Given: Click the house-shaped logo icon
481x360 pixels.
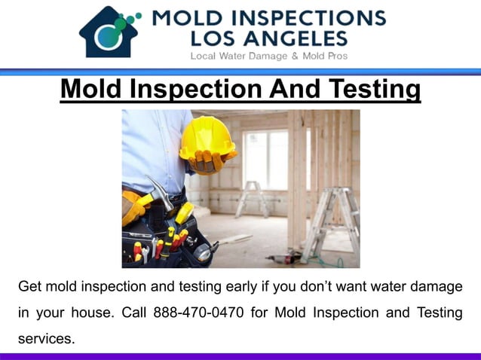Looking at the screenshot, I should click(x=109, y=32).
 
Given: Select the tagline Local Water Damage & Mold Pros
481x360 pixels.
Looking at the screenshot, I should click(x=268, y=55).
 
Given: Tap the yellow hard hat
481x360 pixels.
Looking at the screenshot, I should click(x=207, y=136).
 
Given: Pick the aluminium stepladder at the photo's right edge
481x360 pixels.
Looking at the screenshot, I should click(x=332, y=218).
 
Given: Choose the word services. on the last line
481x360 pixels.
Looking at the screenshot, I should click(x=46, y=338).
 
